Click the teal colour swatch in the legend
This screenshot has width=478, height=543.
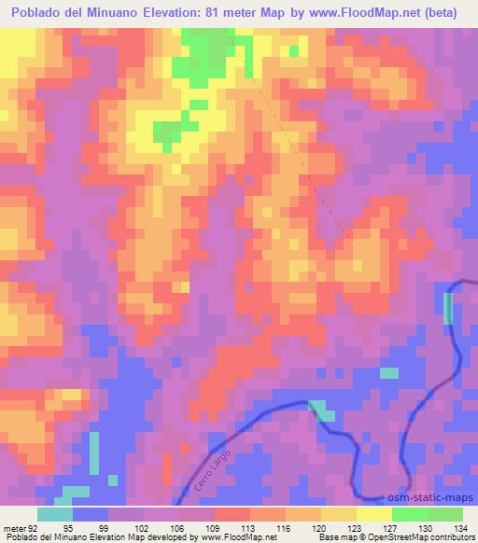coord(55,514)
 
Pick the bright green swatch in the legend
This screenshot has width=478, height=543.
coord(410,514)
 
